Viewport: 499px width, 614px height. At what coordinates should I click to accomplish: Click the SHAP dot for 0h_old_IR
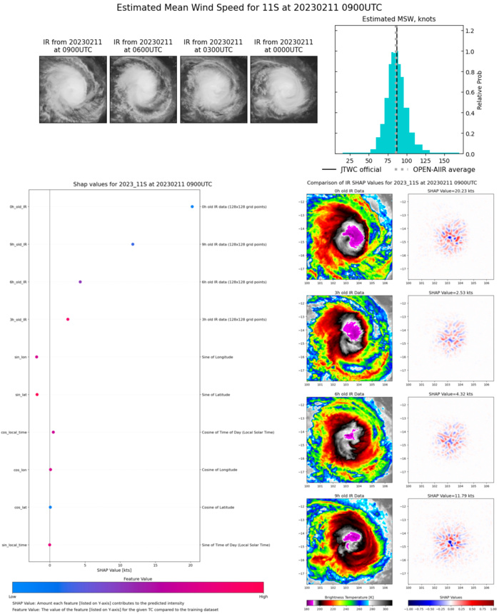tap(192, 207)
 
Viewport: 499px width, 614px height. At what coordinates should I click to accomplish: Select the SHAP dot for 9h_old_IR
tap(133, 244)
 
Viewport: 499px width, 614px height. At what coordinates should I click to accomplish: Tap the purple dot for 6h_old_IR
tap(80, 282)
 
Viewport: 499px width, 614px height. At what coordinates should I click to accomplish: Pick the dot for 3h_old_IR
tap(68, 319)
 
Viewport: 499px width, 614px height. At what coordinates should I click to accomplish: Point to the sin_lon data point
tap(36, 357)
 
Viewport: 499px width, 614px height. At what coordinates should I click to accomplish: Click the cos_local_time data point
tap(53, 432)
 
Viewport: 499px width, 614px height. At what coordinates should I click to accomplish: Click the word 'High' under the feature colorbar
tap(258, 594)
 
